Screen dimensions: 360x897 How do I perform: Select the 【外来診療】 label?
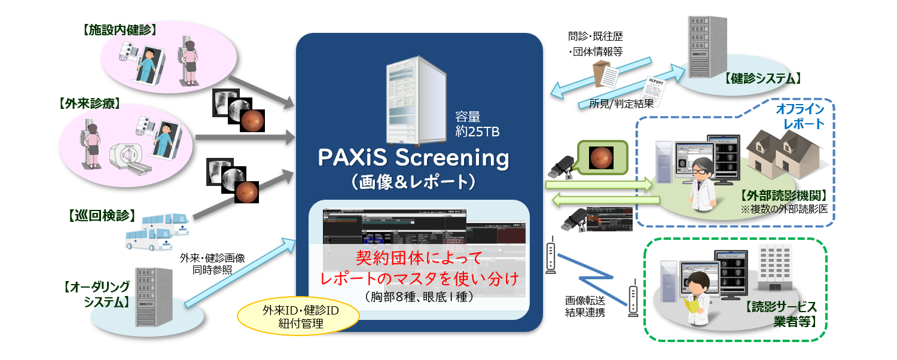pyautogui.click(x=90, y=104)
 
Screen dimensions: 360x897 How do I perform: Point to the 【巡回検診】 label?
pyautogui.click(x=99, y=215)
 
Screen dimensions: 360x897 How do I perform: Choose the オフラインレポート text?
pyautogui.click(x=800, y=116)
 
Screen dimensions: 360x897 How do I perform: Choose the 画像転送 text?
pyautogui.click(x=585, y=300)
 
